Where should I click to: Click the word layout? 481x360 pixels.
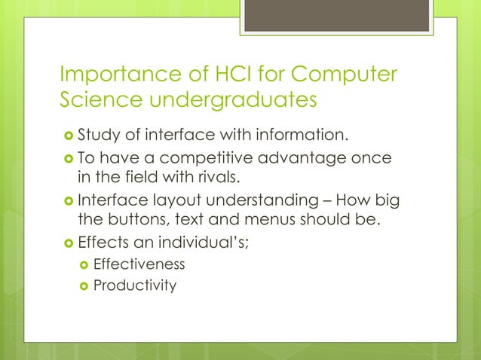pos(171,201)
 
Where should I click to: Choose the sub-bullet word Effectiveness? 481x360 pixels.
pos(139,264)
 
